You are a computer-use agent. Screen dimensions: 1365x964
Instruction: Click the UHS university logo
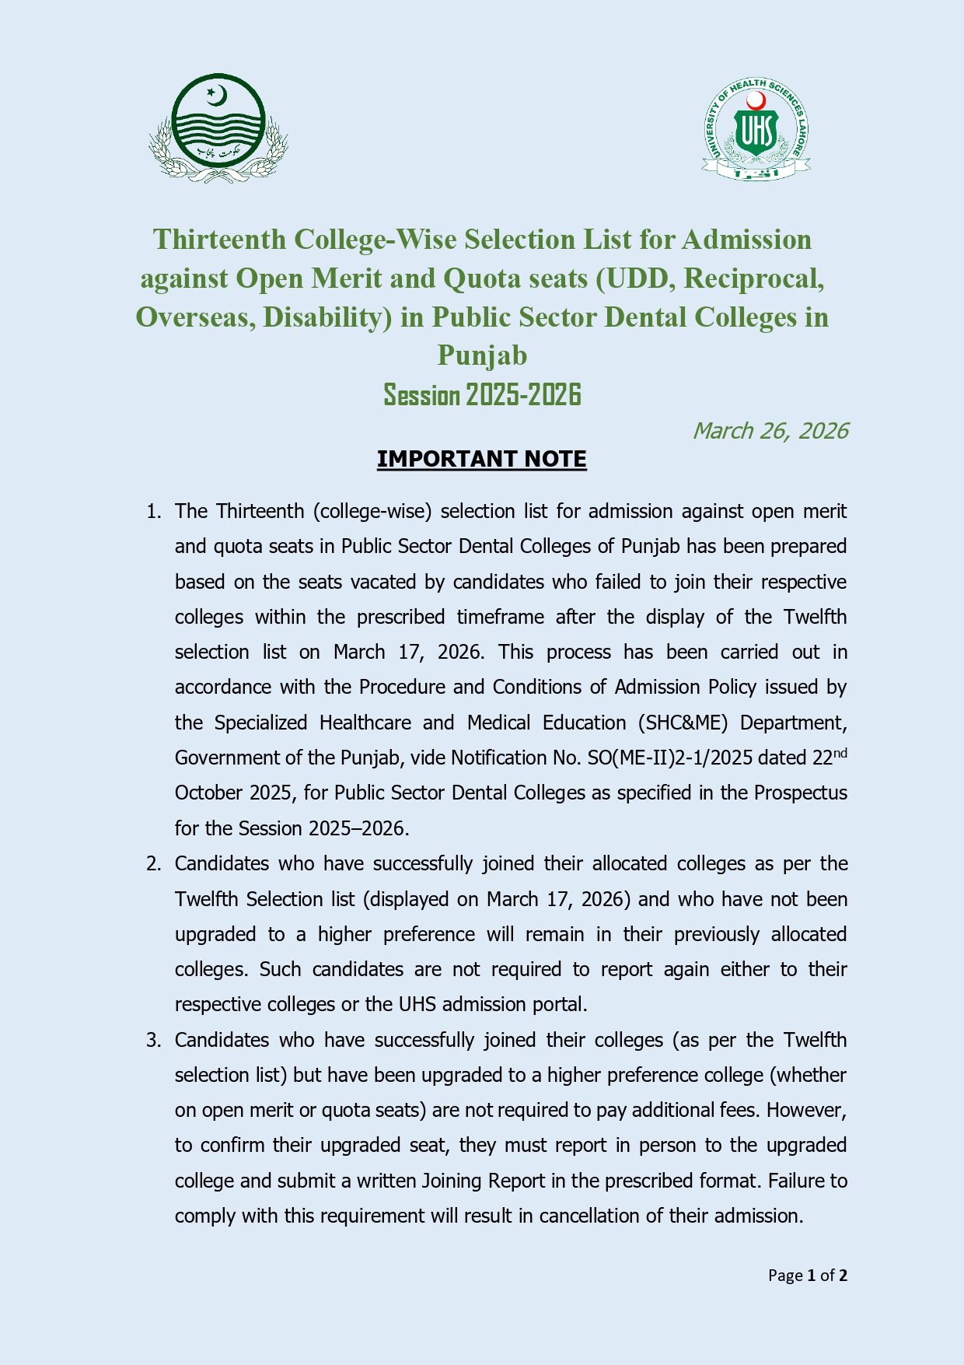click(x=756, y=129)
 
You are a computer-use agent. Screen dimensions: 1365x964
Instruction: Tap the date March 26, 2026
click(x=770, y=431)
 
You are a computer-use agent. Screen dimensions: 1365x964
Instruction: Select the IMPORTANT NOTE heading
click(x=481, y=459)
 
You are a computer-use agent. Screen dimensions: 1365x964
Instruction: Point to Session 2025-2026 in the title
click(x=482, y=395)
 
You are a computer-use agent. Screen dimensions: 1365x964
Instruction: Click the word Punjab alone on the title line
click(x=482, y=355)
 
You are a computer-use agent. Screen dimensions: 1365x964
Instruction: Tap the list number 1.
click(x=153, y=512)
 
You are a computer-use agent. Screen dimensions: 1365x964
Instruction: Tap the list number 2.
click(x=153, y=864)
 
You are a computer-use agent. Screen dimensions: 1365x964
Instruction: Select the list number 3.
click(x=153, y=1041)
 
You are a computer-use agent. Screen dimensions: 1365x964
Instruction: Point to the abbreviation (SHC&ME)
click(x=683, y=723)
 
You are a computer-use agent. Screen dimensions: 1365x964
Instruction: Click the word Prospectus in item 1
click(x=801, y=793)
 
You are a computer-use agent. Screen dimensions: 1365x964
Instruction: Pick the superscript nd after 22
click(x=840, y=753)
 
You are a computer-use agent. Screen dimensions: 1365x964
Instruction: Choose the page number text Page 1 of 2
click(x=807, y=1276)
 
